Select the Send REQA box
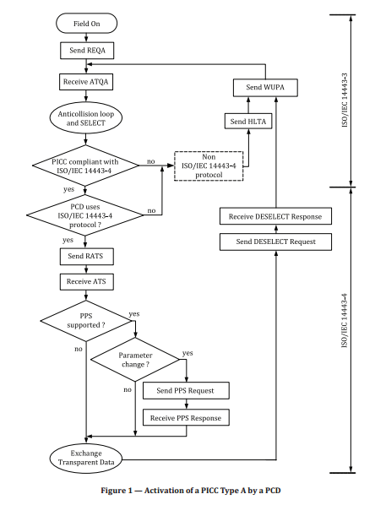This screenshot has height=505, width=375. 85,51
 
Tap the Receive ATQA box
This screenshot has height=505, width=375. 85,82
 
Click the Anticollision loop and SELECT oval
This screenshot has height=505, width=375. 85,117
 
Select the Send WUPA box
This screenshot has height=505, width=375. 272,89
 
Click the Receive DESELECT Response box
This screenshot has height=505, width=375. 274,217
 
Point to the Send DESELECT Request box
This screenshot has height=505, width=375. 274,242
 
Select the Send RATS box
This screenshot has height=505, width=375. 85,255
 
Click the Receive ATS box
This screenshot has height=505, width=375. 85,281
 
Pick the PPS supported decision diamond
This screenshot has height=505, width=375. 85,322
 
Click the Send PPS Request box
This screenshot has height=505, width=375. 186,390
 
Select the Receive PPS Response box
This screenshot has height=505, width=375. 186,416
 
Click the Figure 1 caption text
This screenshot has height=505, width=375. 187,491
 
